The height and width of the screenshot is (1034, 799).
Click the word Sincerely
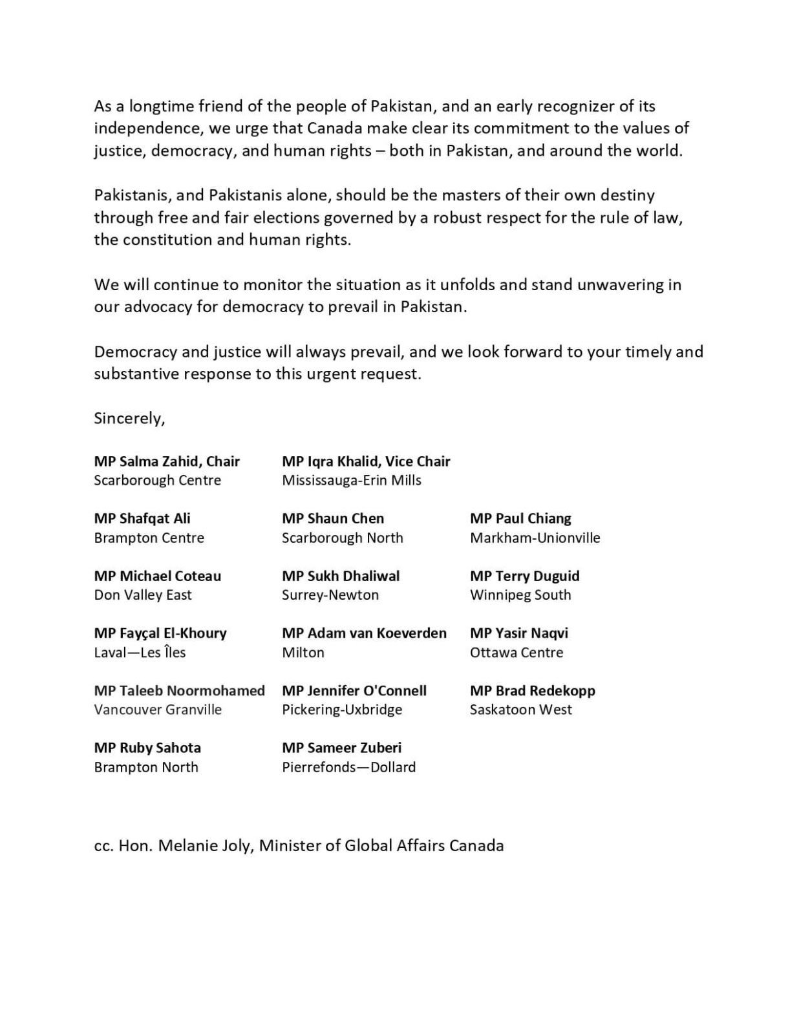click(x=129, y=419)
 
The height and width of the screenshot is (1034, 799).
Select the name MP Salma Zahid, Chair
click(x=167, y=461)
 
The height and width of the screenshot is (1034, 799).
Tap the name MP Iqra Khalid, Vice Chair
click(x=366, y=461)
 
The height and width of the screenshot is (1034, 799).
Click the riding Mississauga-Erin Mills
click(x=352, y=481)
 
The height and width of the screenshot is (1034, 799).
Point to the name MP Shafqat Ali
click(x=142, y=518)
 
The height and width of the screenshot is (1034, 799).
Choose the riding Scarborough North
click(x=343, y=538)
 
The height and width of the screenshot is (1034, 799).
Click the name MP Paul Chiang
click(x=521, y=518)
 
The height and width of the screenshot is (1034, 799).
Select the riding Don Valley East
click(x=143, y=595)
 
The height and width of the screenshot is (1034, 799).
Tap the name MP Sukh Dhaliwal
click(x=341, y=576)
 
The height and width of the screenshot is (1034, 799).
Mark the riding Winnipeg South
click(x=521, y=595)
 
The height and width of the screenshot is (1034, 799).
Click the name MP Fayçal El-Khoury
click(x=160, y=633)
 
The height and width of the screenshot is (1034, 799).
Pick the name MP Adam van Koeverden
click(x=364, y=633)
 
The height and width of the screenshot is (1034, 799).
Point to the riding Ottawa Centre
click(x=517, y=653)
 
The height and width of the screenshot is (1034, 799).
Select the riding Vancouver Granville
click(x=158, y=710)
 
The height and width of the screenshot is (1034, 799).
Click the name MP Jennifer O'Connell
click(x=354, y=691)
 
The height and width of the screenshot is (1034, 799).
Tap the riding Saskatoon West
click(x=521, y=710)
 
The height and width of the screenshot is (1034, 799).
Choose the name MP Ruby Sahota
click(x=147, y=748)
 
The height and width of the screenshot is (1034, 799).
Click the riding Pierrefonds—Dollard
click(x=349, y=768)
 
